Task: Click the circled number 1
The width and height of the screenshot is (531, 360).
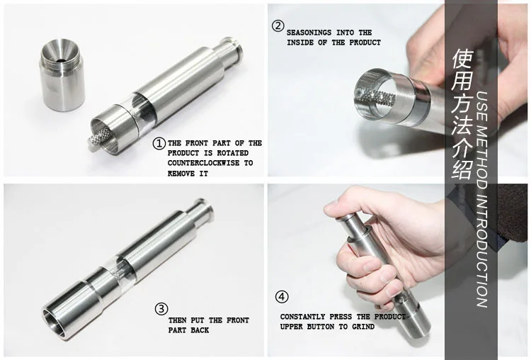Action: [x=159, y=143]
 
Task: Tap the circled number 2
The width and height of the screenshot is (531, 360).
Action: [x=278, y=26]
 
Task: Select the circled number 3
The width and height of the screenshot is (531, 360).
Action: [x=161, y=309]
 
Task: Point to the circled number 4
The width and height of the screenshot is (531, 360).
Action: [x=282, y=297]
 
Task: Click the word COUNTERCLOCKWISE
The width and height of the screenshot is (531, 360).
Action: [x=203, y=163]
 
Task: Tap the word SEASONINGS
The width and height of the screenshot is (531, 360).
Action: [x=309, y=33]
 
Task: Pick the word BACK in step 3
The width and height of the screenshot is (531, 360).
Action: [x=200, y=330]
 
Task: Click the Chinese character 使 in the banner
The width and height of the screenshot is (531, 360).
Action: [x=462, y=60]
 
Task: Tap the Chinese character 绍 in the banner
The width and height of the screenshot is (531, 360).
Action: [x=462, y=169]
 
